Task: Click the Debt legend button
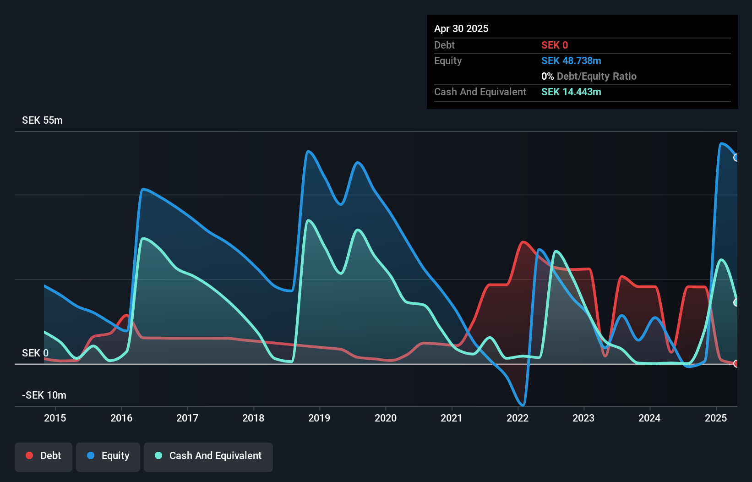click(x=44, y=456)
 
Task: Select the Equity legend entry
click(x=108, y=456)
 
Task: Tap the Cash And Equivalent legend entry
click(x=208, y=456)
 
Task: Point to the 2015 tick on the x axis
click(x=55, y=418)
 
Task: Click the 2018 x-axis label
click(x=253, y=418)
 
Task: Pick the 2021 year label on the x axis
click(x=452, y=418)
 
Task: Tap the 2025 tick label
click(x=716, y=418)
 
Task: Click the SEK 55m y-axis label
click(x=42, y=120)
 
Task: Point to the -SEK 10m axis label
click(x=44, y=395)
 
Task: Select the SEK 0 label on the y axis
click(x=35, y=353)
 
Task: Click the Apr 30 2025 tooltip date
click(x=461, y=28)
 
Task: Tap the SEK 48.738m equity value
click(x=571, y=60)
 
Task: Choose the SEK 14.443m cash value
click(x=571, y=92)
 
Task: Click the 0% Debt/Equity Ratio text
click(x=589, y=76)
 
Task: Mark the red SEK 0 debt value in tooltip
click(x=555, y=45)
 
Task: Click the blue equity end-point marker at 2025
click(x=736, y=158)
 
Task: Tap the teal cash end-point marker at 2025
click(x=736, y=302)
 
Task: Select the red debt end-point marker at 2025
click(x=736, y=364)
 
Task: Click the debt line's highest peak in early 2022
click(x=523, y=242)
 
